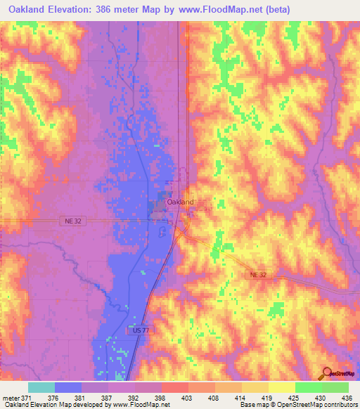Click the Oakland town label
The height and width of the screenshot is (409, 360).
(x=180, y=202)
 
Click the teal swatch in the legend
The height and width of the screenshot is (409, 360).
(x=41, y=387)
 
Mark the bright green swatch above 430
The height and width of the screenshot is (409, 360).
(x=308, y=387)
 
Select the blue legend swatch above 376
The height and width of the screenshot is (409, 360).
(x=68, y=387)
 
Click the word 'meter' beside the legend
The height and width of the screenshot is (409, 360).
(x=11, y=397)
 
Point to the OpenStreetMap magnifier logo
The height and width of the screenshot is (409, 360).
(x=328, y=373)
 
